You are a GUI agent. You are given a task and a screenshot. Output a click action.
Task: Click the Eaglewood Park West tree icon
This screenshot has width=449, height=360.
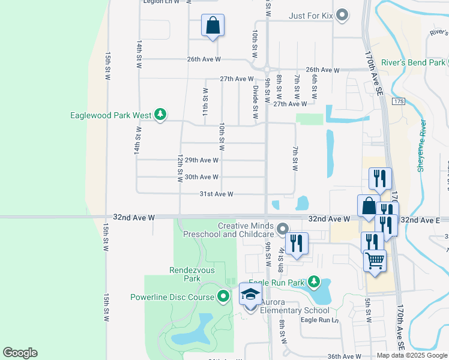click(x=160, y=114)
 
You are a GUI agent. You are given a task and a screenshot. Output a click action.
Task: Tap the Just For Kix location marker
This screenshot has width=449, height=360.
click(x=342, y=15)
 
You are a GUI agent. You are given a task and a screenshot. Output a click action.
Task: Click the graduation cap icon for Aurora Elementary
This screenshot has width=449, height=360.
click(x=251, y=294)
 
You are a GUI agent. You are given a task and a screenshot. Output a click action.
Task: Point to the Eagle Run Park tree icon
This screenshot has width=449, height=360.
click(x=313, y=281)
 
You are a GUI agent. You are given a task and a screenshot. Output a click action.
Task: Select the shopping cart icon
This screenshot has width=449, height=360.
click(x=375, y=261)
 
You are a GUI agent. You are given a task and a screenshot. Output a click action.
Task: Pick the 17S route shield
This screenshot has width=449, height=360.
click(x=400, y=102)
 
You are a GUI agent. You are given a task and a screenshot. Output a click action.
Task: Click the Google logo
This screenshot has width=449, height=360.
click(x=20, y=353)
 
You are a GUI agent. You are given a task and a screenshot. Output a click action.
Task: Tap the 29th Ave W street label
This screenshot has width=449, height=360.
click(x=201, y=160)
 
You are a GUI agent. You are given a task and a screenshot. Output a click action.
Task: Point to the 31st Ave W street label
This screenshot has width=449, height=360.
click(x=215, y=194)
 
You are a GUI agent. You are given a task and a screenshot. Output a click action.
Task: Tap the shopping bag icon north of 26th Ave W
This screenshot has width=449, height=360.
click(x=212, y=26)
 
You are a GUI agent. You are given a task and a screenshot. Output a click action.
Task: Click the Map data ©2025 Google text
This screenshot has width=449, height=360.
click(x=411, y=355)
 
